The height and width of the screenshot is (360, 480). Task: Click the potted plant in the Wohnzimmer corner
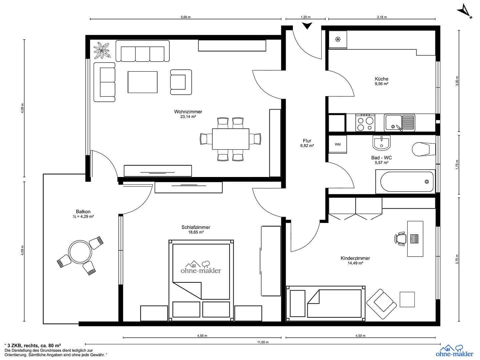pyautogui.click(x=101, y=51)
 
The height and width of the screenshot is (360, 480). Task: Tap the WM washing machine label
pyautogui.click(x=338, y=144)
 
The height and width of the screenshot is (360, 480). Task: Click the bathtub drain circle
pyautogui.click(x=427, y=182)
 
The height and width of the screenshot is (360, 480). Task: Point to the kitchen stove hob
pyautogui.click(x=365, y=123)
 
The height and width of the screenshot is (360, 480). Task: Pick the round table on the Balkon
pyautogui.click(x=80, y=252)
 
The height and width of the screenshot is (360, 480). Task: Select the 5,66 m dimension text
pyautogui.click(x=186, y=17)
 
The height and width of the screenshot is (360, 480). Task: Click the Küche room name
pyautogui.click(x=382, y=79)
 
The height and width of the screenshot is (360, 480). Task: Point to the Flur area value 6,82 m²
pyautogui.click(x=307, y=146)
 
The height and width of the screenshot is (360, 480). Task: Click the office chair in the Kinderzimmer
pyautogui.click(x=401, y=239)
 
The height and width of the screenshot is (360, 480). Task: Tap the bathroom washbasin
pyautogui.click(x=382, y=143)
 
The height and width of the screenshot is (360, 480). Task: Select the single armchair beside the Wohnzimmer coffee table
pyautogui.click(x=181, y=82)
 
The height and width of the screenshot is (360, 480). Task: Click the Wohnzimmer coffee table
pyautogui.click(x=143, y=82)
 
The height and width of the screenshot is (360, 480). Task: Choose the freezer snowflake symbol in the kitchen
pyautogui.click(x=338, y=39)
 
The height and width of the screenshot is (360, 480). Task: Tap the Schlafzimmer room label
pyautogui.click(x=196, y=227)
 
